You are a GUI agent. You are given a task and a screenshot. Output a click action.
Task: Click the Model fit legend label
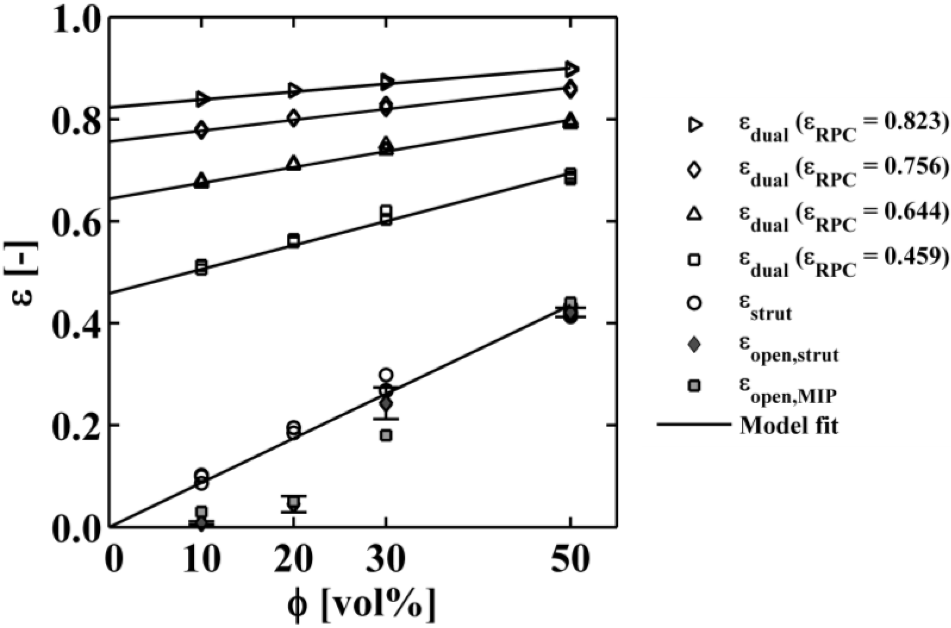788,425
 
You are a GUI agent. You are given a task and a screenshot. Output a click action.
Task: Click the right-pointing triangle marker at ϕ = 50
571,69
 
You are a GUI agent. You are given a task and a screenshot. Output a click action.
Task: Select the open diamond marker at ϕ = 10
202,130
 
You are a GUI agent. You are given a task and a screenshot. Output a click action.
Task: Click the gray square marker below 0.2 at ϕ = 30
386,435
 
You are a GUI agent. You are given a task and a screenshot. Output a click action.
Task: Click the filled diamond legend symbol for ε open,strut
696,345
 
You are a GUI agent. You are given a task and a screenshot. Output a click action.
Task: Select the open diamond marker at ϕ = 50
570,89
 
